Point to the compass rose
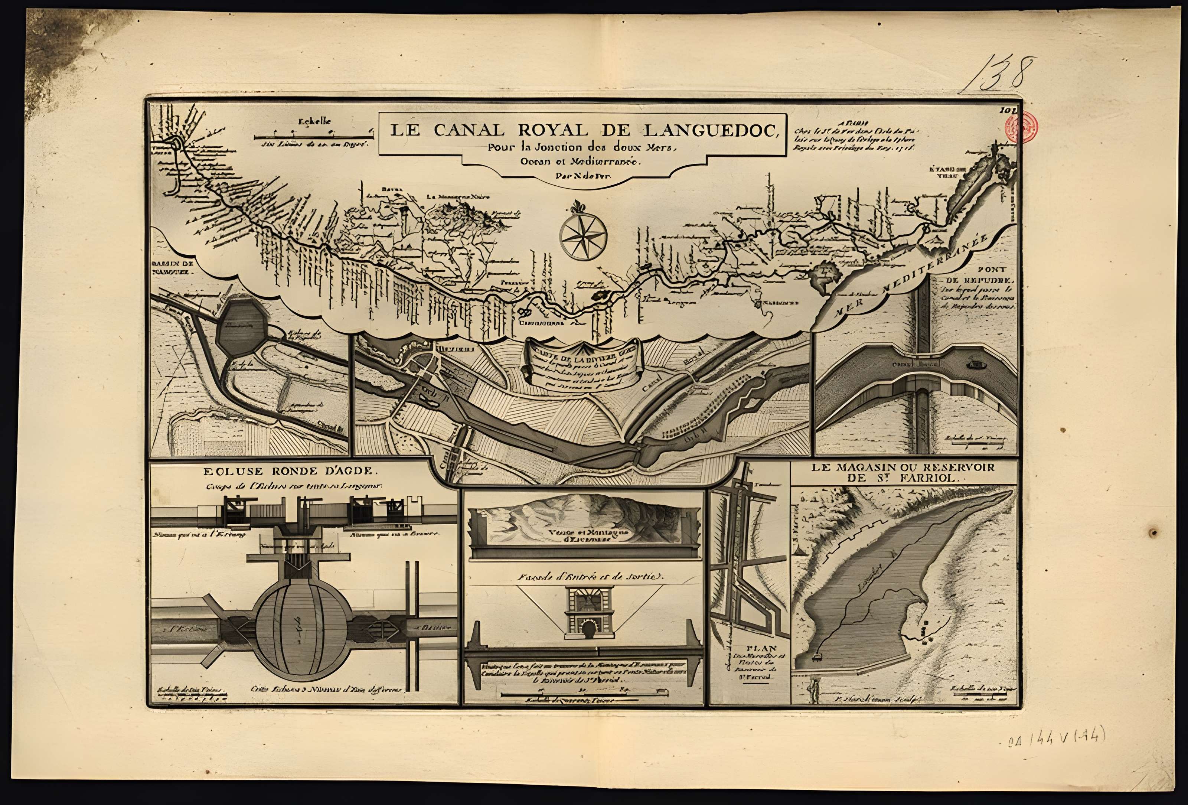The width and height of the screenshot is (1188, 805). click(x=582, y=235)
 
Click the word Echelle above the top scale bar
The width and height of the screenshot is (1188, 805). click(x=315, y=122)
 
